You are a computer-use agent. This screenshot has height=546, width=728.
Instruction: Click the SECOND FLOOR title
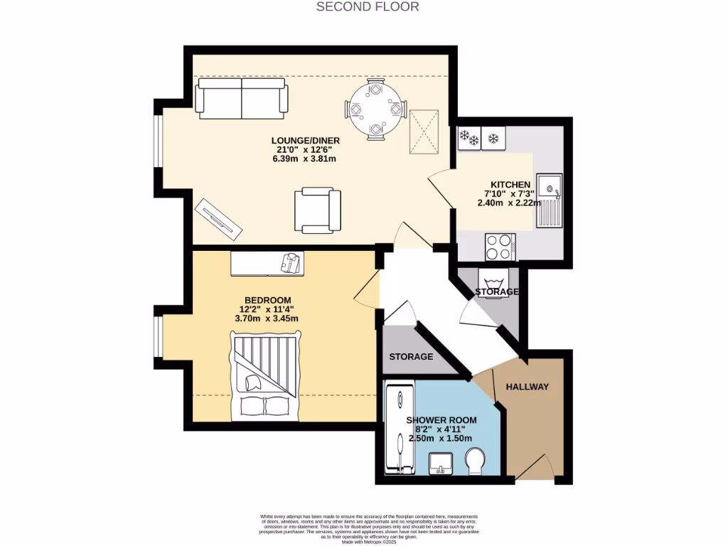coord(368,7)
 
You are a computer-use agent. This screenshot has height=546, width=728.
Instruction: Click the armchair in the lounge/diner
coord(317,210)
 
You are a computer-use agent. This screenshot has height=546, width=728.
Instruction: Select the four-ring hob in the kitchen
coord(500,247)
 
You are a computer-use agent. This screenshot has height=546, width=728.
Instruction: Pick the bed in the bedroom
coord(264,376)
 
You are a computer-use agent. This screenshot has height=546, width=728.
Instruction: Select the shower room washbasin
coord(442,464)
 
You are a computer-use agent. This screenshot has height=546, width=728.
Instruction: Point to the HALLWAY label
coord(527,387)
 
